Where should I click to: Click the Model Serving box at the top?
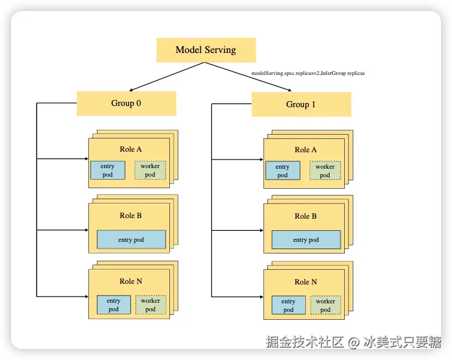pyautogui.click(x=206, y=50)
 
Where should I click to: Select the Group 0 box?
pyautogui.click(x=126, y=103)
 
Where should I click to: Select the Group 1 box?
pyautogui.click(x=301, y=104)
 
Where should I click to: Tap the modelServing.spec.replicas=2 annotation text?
pyautogui.click(x=308, y=73)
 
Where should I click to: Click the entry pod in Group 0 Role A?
pyautogui.click(x=107, y=171)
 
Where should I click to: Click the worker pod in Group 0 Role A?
pyautogui.click(x=150, y=171)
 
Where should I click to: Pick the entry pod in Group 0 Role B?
pyautogui.click(x=131, y=240)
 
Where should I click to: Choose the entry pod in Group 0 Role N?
pyautogui.click(x=113, y=305)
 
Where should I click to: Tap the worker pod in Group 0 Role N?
pyautogui.click(x=150, y=305)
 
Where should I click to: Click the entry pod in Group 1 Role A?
pyautogui.click(x=282, y=171)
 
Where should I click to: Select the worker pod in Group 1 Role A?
pyautogui.click(x=325, y=171)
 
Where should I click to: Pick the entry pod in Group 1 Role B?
pyautogui.click(x=306, y=240)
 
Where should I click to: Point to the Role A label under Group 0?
pyautogui.click(x=131, y=149)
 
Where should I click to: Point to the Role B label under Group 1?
pyautogui.click(x=306, y=216)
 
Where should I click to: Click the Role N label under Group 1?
pyautogui.click(x=306, y=282)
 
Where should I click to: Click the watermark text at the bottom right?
pyautogui.click(x=353, y=342)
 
